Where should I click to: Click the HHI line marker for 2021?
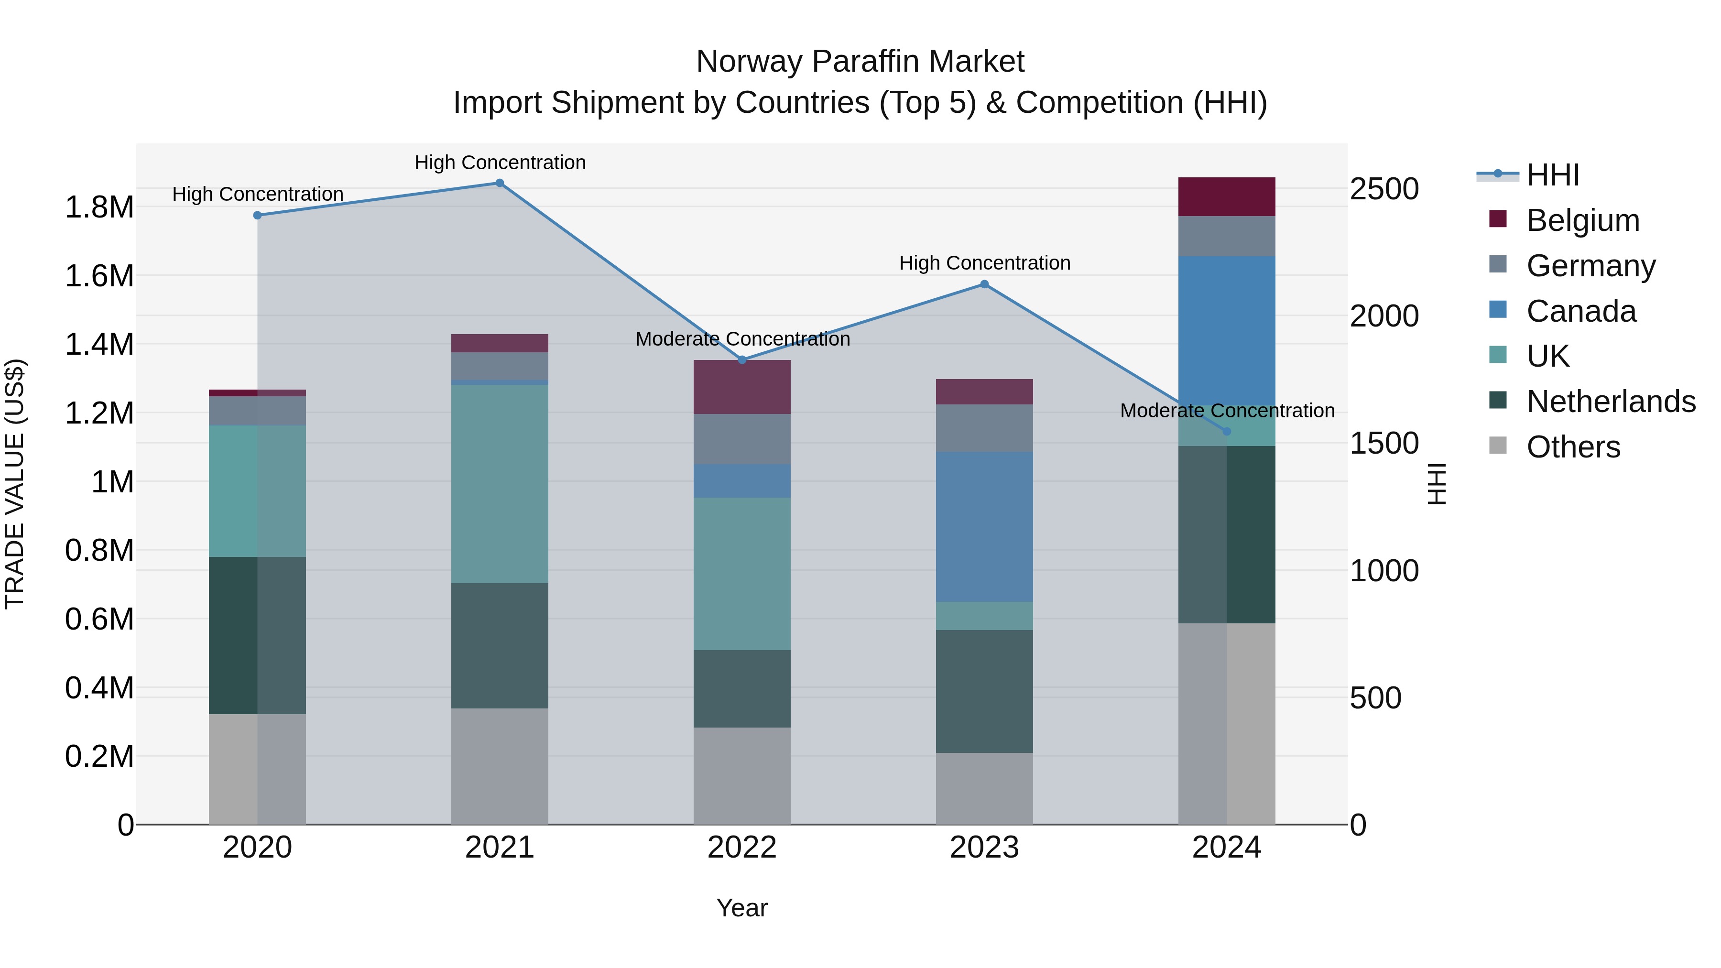click(499, 183)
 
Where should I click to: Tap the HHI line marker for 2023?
click(984, 284)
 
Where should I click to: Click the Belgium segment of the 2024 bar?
click(1227, 196)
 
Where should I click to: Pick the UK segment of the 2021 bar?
click(499, 484)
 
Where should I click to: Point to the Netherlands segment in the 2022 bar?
click(741, 689)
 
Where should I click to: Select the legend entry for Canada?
click(1581, 311)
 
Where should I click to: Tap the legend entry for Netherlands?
click(1611, 402)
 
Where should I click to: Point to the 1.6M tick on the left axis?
click(99, 276)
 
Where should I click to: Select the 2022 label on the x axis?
click(741, 848)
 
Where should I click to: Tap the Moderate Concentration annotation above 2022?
click(742, 339)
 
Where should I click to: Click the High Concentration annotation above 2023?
click(984, 263)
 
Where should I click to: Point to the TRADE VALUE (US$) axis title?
click(15, 484)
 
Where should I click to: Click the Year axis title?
click(741, 908)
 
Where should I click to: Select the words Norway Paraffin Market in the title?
click(860, 62)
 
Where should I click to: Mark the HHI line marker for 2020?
click(257, 215)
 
